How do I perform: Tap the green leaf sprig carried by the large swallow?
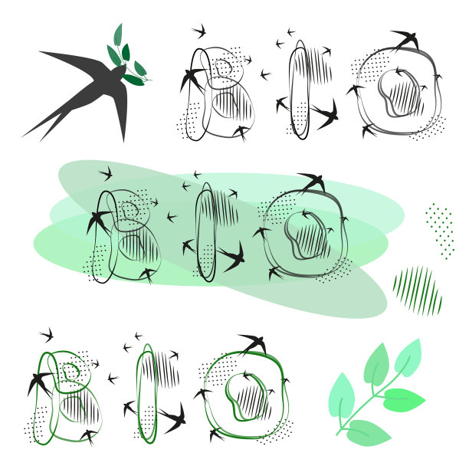click(129, 57)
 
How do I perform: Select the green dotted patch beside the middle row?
click(440, 231)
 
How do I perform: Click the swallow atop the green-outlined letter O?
click(254, 343)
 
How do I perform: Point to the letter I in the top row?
click(299, 90)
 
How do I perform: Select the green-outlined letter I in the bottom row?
click(147, 394)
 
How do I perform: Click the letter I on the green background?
click(206, 232)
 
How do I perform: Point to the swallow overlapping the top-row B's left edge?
click(192, 78)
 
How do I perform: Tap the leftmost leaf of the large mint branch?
click(342, 395)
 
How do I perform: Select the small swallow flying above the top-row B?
click(199, 31)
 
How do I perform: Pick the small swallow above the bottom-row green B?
click(47, 335)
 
